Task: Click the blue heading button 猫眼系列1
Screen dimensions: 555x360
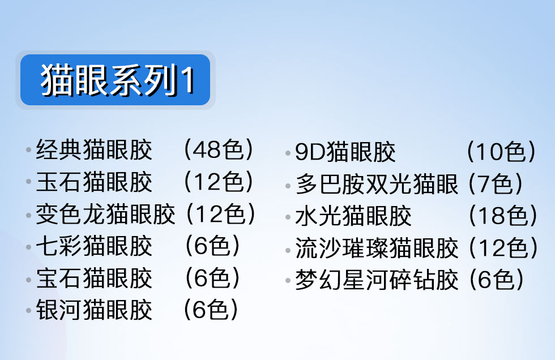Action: click(x=115, y=80)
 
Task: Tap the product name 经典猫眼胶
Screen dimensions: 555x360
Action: click(x=94, y=150)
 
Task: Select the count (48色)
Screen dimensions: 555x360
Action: click(x=219, y=149)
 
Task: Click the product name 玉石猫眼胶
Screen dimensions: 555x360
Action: click(x=94, y=182)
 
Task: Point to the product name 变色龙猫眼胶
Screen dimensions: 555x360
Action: click(x=105, y=214)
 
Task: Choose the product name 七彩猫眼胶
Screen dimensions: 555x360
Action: click(x=94, y=246)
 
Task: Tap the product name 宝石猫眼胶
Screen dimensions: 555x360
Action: click(x=94, y=278)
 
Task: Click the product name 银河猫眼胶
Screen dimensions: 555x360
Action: click(x=94, y=310)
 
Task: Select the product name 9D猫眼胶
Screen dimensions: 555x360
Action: click(x=345, y=152)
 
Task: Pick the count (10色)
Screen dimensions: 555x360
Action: click(x=501, y=152)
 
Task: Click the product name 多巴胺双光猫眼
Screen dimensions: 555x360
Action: click(x=377, y=184)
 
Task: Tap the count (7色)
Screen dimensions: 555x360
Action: click(x=496, y=184)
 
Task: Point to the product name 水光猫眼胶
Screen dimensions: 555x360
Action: click(x=353, y=216)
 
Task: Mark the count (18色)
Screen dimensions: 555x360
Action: click(x=503, y=216)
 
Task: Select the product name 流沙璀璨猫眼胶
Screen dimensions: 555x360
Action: click(x=377, y=248)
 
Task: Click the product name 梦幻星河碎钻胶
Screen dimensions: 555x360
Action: click(x=377, y=280)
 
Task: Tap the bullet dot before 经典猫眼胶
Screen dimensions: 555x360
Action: click(x=29, y=150)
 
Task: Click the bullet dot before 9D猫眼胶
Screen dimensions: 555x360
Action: click(x=288, y=153)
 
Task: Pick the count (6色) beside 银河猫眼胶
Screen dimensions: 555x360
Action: click(x=211, y=310)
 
